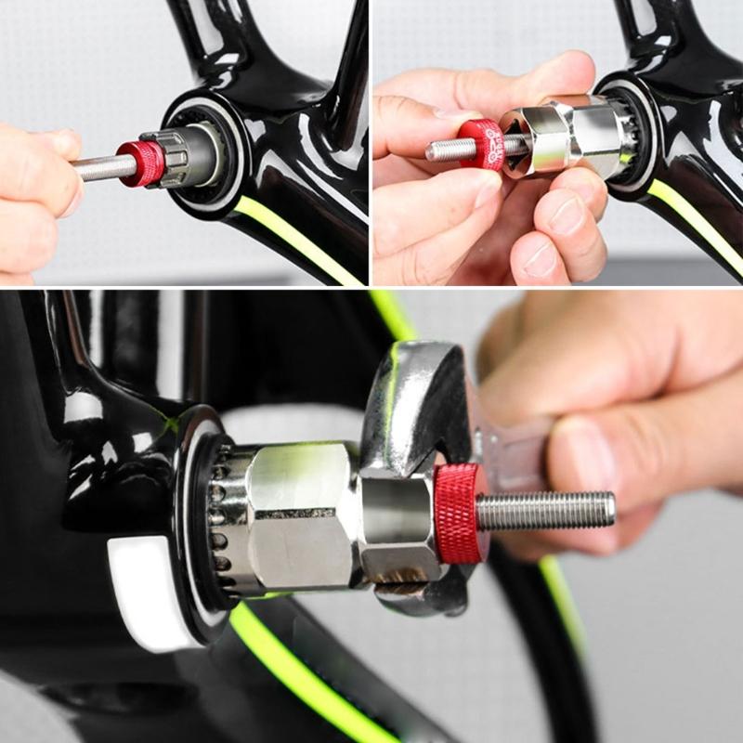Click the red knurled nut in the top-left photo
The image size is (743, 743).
coord(141,163)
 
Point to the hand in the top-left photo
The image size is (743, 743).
coord(33,186)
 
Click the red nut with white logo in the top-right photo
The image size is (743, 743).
coord(485,145)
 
